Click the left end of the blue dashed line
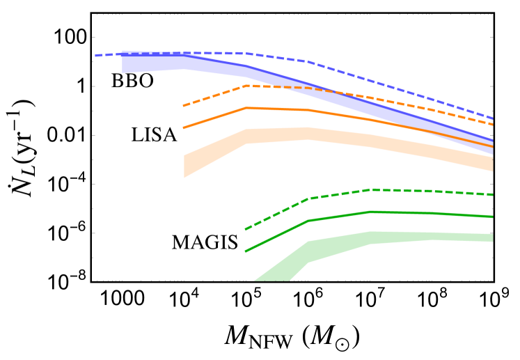point(96,56)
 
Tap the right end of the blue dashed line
point(492,118)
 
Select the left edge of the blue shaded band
point(123,62)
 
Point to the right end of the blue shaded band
point(492,146)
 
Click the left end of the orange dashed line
point(184,106)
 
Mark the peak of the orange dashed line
point(246,86)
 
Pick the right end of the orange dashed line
point(492,125)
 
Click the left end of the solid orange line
point(184,128)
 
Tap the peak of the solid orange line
point(246,108)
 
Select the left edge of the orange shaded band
point(184,166)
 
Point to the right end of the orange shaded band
point(492,164)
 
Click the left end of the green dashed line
point(246,229)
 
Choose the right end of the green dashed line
point(492,195)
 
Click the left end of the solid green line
point(246,251)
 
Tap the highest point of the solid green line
point(370,212)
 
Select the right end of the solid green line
point(492,217)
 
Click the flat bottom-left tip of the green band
point(272,280)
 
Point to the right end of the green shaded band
point(492,238)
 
